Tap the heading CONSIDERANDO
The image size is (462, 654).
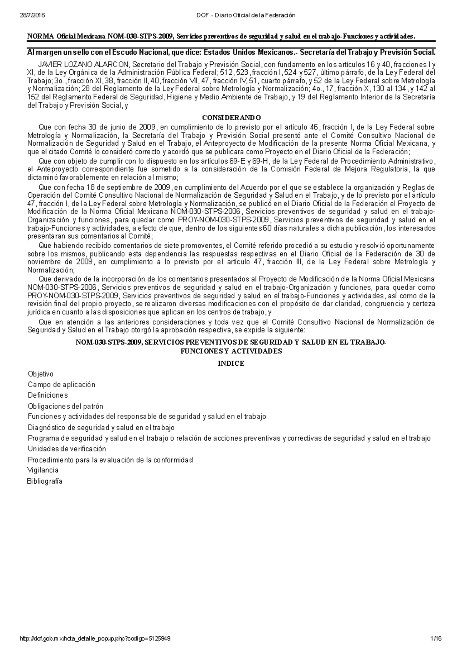click(231, 118)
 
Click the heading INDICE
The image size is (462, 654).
click(231, 363)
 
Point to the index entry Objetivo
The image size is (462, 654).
click(40, 374)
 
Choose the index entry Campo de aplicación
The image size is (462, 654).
click(61, 385)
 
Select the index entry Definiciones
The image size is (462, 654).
click(48, 395)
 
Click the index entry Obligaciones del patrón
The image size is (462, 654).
click(65, 406)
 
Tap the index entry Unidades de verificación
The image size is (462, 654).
click(67, 449)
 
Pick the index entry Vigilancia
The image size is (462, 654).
click(43, 470)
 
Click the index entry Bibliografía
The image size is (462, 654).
click(44, 481)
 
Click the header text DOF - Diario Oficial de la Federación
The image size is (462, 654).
click(245, 15)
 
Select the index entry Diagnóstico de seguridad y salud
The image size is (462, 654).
click(101, 427)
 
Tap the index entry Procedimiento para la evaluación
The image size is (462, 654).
click(110, 460)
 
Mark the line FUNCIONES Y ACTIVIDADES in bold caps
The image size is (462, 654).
click(231, 351)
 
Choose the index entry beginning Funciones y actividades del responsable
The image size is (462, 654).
click(147, 417)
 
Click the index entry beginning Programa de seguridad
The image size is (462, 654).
click(229, 438)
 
